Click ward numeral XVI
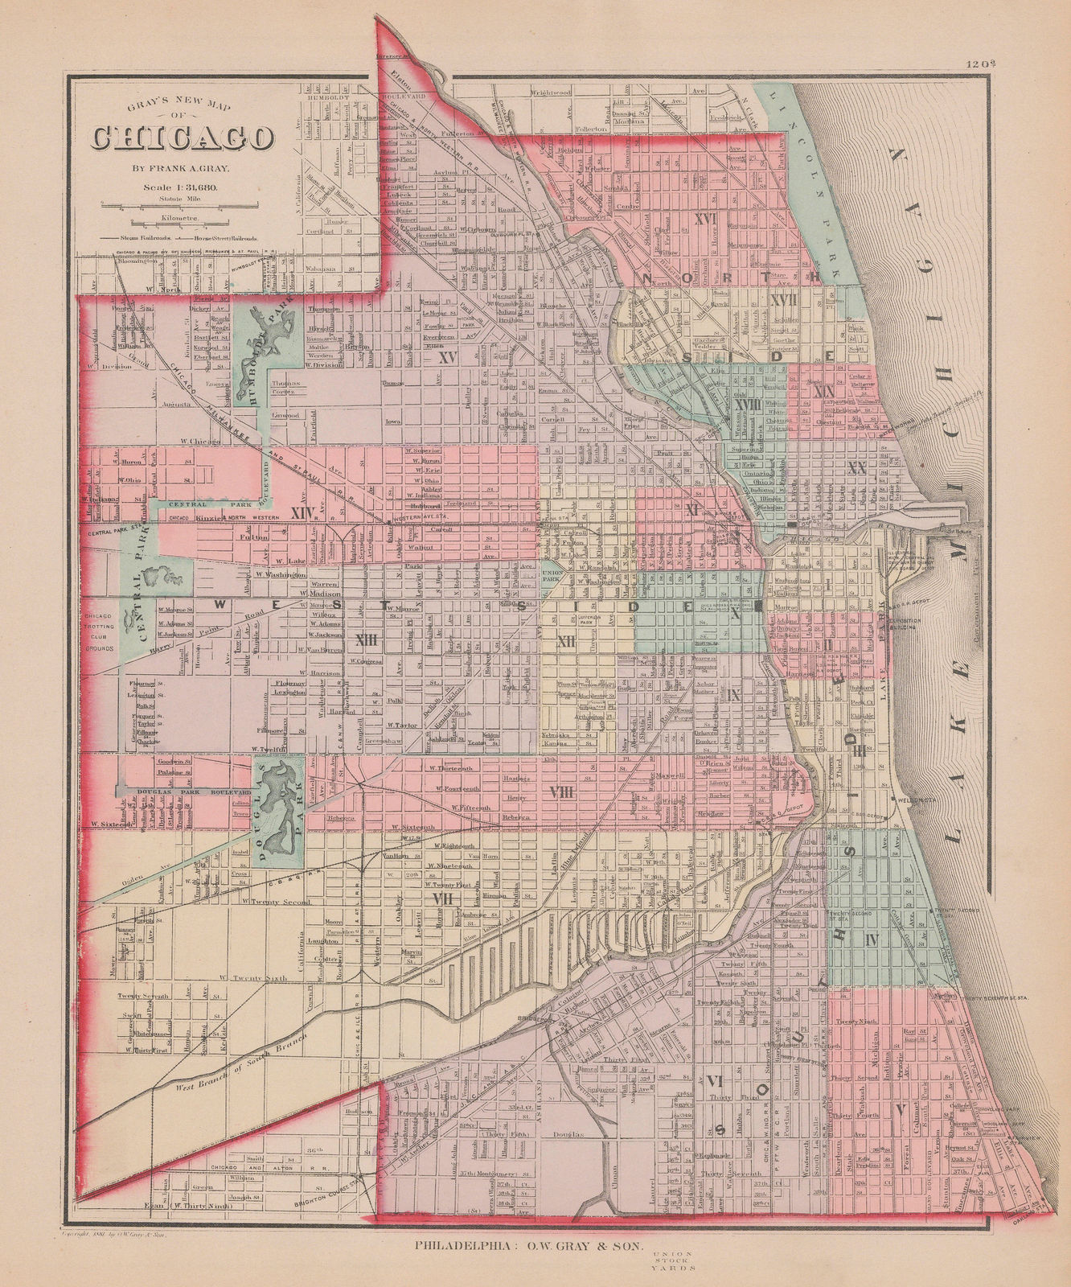pyautogui.click(x=705, y=219)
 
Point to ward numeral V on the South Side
pyautogui.click(x=899, y=1109)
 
